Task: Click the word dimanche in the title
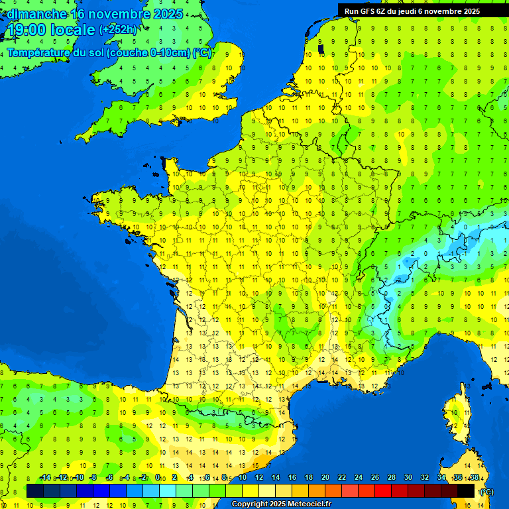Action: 37,14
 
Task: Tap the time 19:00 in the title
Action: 27,30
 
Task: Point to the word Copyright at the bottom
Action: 251,504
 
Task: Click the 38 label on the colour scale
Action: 475,477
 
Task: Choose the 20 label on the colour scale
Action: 325,477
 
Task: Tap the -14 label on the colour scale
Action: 45,477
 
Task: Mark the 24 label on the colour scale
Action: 359,477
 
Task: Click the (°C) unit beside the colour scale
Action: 486,491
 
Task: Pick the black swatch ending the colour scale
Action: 466,490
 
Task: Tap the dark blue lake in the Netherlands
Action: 321,48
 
